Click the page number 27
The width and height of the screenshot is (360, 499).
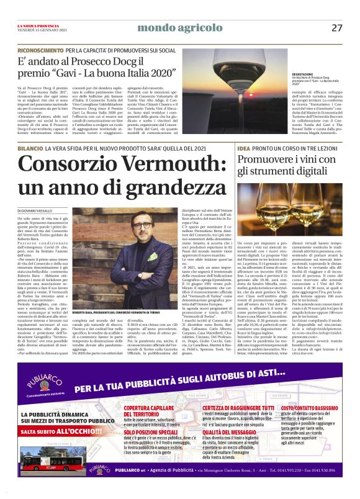337,27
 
